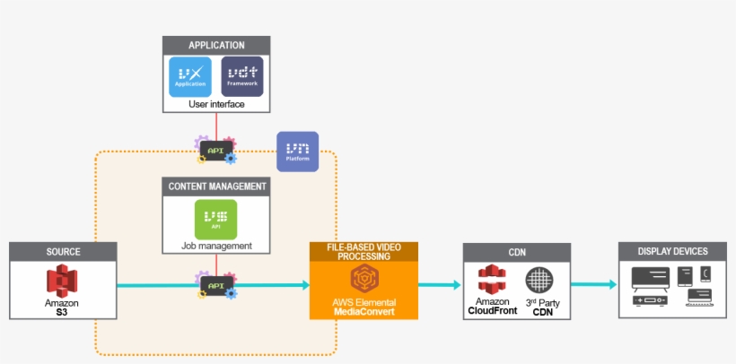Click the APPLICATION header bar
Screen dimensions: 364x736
tap(216, 46)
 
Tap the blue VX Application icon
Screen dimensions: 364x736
tap(189, 76)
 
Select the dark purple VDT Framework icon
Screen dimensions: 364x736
tap(242, 76)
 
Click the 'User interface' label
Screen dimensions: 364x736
tap(216, 104)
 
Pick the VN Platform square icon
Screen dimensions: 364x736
tap(297, 152)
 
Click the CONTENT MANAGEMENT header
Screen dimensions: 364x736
tap(216, 186)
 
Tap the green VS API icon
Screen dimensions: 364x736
tap(216, 219)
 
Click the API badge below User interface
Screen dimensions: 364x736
tap(216, 150)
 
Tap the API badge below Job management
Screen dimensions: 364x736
tap(216, 285)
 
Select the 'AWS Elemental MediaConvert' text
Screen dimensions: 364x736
tap(364, 307)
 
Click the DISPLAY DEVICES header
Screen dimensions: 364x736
tap(672, 252)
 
